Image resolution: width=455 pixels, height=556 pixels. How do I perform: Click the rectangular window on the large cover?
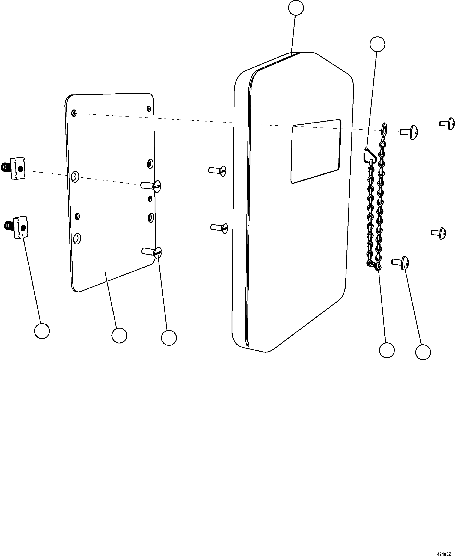(x=316, y=151)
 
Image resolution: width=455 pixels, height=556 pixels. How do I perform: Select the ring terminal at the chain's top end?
(x=384, y=128)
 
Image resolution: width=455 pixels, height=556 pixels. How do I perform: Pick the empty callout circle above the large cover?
(x=296, y=8)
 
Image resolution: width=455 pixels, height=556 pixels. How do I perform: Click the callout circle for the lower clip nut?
(x=42, y=331)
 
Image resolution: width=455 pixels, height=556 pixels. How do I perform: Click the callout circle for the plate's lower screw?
(x=169, y=338)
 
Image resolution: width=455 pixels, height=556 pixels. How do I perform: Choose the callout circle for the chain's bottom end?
(x=387, y=350)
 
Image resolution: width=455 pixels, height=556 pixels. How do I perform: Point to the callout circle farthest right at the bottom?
(x=423, y=352)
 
